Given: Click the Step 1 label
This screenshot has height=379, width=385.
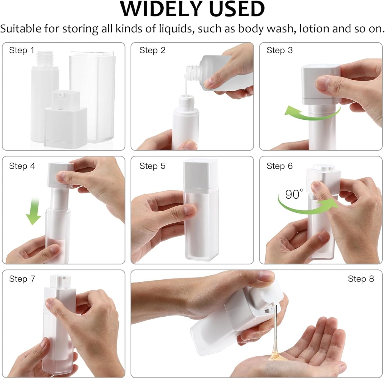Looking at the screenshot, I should point(22,50).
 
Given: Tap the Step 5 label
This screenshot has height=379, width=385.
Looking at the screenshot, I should point(152,166).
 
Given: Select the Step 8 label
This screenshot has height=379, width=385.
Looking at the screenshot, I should point(361,279).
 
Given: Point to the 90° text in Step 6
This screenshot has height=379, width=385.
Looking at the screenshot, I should point(294,194).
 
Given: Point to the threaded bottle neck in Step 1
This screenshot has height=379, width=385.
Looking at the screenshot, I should point(45,59).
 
